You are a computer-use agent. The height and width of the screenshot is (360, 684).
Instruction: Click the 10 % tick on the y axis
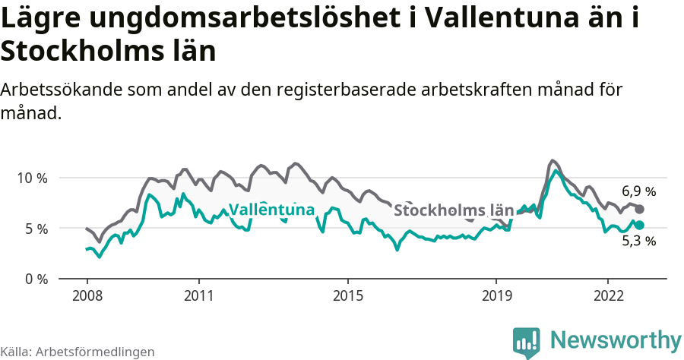pos(32,178)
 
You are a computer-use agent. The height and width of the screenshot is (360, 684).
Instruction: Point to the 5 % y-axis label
pos(35,229)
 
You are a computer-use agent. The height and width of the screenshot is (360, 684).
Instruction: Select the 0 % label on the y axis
pos(35,279)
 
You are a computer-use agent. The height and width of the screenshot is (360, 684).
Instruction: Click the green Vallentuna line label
pos(271,210)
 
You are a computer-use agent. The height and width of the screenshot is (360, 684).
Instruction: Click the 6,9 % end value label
pos(638,191)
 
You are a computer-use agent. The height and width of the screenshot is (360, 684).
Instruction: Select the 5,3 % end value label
pos(638,242)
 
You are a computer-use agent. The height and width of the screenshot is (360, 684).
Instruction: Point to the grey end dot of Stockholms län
pos(640,209)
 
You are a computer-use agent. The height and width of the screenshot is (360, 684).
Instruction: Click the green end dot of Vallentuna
pos(640,225)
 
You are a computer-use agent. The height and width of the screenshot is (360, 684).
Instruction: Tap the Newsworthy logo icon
pos(527,342)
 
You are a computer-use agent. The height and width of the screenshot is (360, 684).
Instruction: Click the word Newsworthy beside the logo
pos(616,339)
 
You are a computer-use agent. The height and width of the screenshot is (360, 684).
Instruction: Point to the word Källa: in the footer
pos(16,352)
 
